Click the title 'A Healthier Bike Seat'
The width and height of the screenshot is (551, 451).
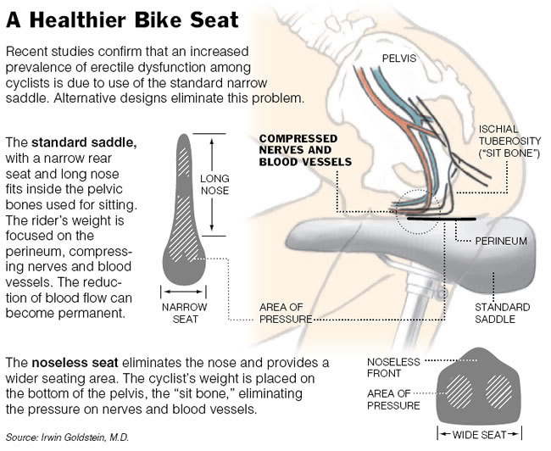122,19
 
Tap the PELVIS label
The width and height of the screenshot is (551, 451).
399,58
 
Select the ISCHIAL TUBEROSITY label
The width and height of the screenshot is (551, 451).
509,141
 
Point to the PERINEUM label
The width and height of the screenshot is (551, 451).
501,241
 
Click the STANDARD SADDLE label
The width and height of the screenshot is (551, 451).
502,313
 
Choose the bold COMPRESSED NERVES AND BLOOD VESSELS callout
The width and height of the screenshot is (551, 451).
305,150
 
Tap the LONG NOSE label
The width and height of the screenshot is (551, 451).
214,185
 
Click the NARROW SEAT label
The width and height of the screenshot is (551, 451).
185,313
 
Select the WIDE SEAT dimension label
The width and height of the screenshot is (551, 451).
480,435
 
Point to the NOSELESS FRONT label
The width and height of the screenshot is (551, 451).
393,367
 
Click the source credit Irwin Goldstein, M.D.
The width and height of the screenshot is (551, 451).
68,437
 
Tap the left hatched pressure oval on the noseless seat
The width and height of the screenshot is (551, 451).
459,392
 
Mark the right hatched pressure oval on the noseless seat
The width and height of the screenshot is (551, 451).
499,392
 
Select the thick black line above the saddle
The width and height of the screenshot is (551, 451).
442,219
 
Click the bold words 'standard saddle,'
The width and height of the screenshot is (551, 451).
84,142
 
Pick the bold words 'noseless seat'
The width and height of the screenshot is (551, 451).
75,363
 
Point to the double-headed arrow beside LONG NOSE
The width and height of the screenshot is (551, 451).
212,185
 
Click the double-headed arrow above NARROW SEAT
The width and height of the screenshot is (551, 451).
183,292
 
